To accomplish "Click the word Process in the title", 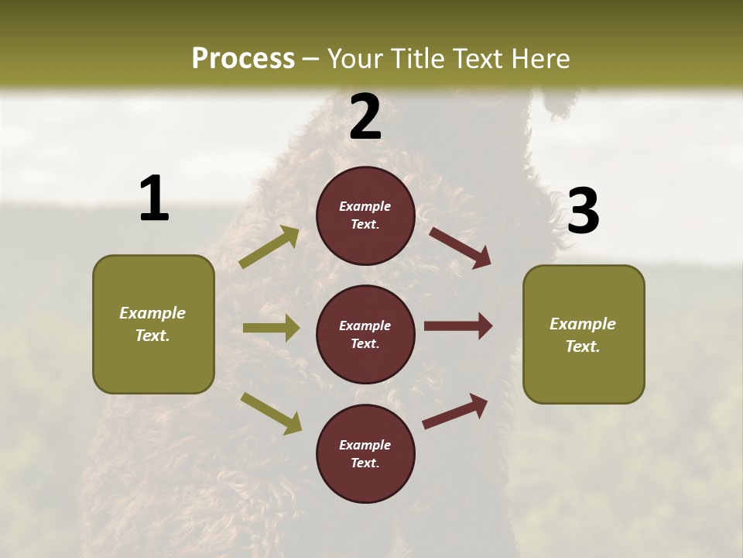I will coord(243,59).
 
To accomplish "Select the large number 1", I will coord(154,199).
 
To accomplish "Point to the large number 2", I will coord(365,118).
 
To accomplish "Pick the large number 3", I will coord(583,212).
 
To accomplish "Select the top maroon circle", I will coord(365,215).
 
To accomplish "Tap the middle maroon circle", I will coord(365,334).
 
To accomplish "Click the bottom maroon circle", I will coord(365,453).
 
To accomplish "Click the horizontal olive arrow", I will coord(271,328).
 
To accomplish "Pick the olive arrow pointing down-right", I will coord(272,413).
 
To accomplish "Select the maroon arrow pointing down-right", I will coord(460,247).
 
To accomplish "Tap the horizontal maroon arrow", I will coord(458,326).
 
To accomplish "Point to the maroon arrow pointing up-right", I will coord(456,411).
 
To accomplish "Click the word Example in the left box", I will coord(152,313).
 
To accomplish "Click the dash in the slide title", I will coord(311,59).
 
